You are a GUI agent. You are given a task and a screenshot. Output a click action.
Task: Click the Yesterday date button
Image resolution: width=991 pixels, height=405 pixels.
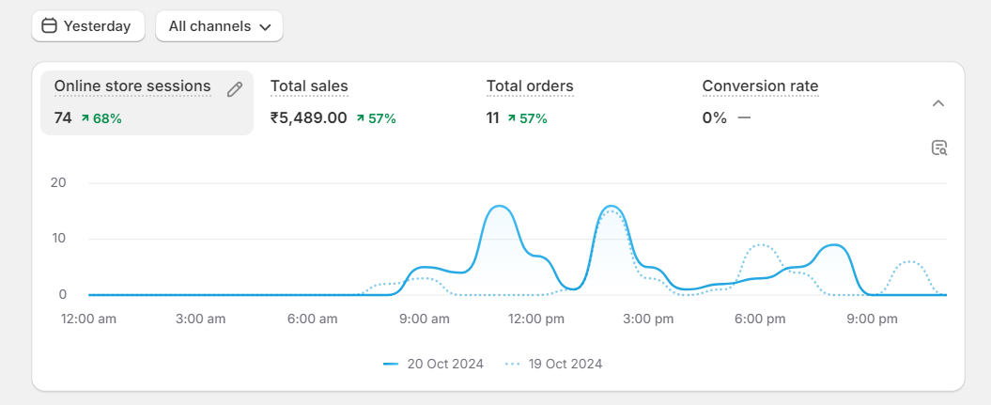point(87,26)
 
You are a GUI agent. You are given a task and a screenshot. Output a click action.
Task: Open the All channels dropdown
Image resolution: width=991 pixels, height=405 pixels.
point(219,26)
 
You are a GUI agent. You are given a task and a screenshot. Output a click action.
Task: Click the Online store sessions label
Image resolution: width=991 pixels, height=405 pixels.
point(132,86)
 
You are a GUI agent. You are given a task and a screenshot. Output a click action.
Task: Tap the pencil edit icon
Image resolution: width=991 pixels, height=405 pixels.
point(235,89)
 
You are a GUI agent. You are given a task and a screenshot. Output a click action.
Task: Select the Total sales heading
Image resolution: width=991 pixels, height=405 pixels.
point(309,86)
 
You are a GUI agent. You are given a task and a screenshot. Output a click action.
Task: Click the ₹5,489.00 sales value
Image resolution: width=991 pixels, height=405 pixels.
point(309,118)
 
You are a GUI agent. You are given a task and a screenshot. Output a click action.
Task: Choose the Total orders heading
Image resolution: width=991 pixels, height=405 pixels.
point(530,86)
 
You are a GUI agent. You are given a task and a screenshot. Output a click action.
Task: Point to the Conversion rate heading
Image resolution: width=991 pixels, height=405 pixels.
point(760,86)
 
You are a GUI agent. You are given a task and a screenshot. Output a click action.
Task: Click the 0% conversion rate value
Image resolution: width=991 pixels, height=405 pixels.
point(715,118)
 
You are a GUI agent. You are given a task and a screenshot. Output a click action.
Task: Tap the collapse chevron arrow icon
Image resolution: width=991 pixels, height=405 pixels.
point(937,103)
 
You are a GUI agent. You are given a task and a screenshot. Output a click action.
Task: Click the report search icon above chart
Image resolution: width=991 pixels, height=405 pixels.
point(938,148)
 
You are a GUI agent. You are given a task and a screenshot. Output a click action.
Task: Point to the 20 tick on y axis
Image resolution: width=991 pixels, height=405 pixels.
point(58,182)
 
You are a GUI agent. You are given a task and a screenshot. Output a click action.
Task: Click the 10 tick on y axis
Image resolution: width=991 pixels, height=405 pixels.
point(58,239)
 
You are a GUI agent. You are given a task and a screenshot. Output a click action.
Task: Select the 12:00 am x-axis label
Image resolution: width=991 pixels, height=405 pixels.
point(88,319)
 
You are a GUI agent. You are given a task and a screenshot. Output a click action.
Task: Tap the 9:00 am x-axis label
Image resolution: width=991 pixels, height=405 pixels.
point(424,319)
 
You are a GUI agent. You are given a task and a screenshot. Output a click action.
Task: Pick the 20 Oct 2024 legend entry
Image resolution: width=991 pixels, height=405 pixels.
point(434,364)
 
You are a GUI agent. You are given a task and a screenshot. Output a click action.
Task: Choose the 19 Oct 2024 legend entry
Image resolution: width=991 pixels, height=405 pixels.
point(553,364)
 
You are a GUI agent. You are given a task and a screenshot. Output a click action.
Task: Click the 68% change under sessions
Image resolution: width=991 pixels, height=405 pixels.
point(101,118)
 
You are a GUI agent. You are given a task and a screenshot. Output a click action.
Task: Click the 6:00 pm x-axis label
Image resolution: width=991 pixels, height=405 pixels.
point(760,319)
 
